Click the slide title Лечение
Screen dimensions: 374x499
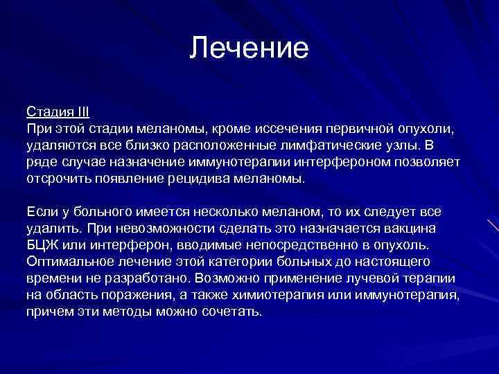(x=249, y=49)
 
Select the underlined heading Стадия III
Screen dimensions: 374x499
(x=58, y=112)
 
